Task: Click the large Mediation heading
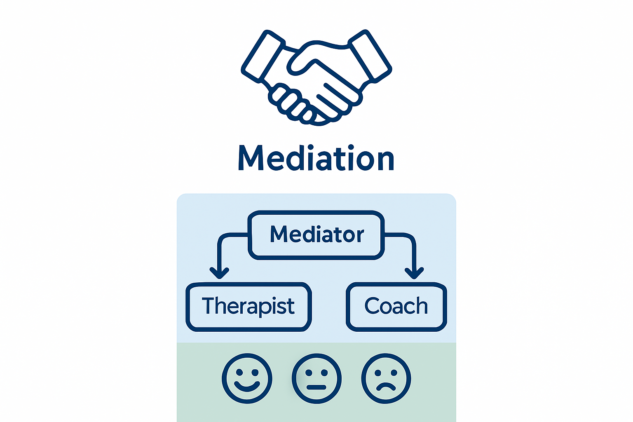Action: (x=316, y=158)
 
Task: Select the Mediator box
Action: (x=316, y=235)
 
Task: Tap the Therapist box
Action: (x=248, y=307)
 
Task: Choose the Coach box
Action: (x=396, y=307)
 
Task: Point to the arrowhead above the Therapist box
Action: (x=219, y=272)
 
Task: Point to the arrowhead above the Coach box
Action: (x=414, y=272)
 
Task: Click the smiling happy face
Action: (x=247, y=378)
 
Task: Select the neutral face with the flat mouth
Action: (x=316, y=378)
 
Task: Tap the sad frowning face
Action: (x=386, y=378)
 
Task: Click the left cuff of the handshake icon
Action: (x=263, y=55)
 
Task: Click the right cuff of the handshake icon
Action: (x=370, y=55)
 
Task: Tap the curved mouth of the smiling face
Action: (x=247, y=386)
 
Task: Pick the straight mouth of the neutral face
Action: (x=316, y=387)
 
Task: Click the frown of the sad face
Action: (x=386, y=387)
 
